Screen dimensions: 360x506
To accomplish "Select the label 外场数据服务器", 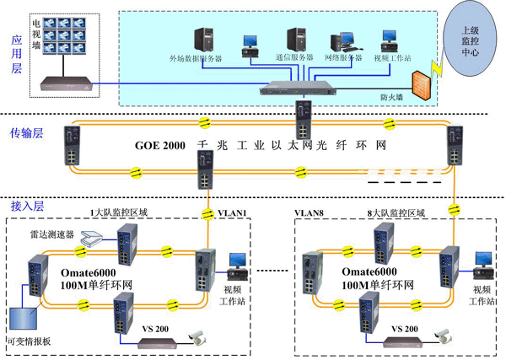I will tap(196, 59).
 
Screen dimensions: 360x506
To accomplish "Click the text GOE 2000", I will tap(161, 145).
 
